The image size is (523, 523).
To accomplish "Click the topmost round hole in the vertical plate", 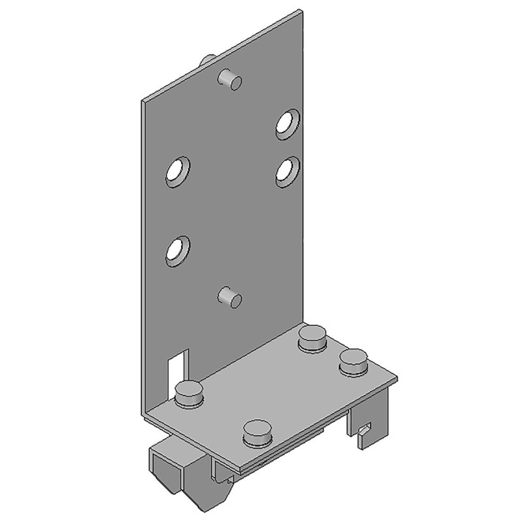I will pyautogui.click(x=287, y=123).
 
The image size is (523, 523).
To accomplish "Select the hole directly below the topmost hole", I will pyautogui.click(x=287, y=171).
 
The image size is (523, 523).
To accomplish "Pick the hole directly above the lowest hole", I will pyautogui.click(x=177, y=171).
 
